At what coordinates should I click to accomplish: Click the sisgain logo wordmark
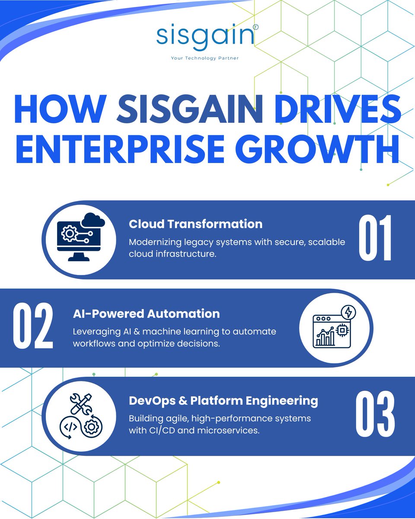click(x=204, y=36)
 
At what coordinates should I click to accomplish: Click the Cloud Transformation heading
click(x=195, y=224)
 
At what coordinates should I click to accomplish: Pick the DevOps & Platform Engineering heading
click(x=223, y=400)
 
